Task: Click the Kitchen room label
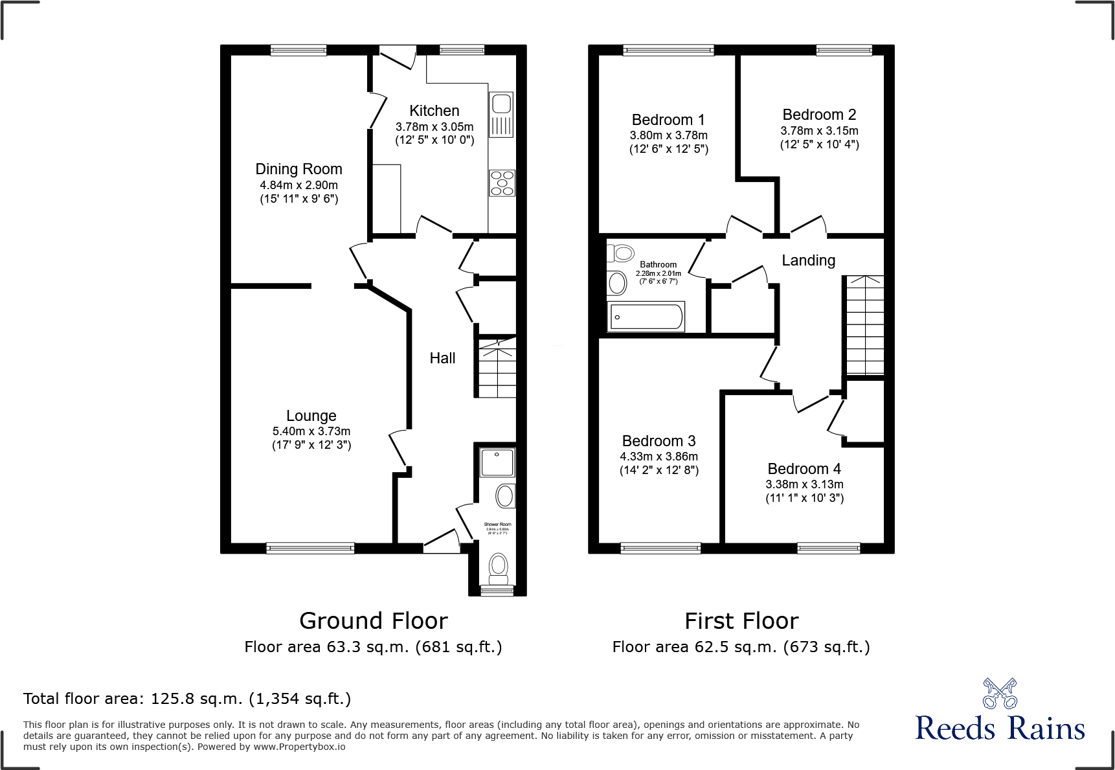pyautogui.click(x=434, y=111)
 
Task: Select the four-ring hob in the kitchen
pyautogui.click(x=502, y=183)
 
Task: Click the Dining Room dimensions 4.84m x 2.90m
pyautogui.click(x=298, y=185)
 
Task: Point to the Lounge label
pyautogui.click(x=311, y=416)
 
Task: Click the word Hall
pyautogui.click(x=442, y=358)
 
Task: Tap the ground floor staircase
pyautogui.click(x=497, y=368)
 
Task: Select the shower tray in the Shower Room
pyautogui.click(x=497, y=463)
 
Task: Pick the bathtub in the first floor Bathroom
pyautogui.click(x=646, y=317)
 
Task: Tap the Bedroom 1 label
pyautogui.click(x=668, y=120)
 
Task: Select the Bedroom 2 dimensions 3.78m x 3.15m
pyautogui.click(x=819, y=131)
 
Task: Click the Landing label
pyautogui.click(x=808, y=260)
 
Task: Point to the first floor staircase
pyautogui.click(x=864, y=326)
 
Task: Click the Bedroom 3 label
pyautogui.click(x=659, y=441)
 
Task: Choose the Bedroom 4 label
pyautogui.click(x=804, y=469)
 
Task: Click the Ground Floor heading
pyautogui.click(x=373, y=621)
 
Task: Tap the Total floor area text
pyautogui.click(x=187, y=699)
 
